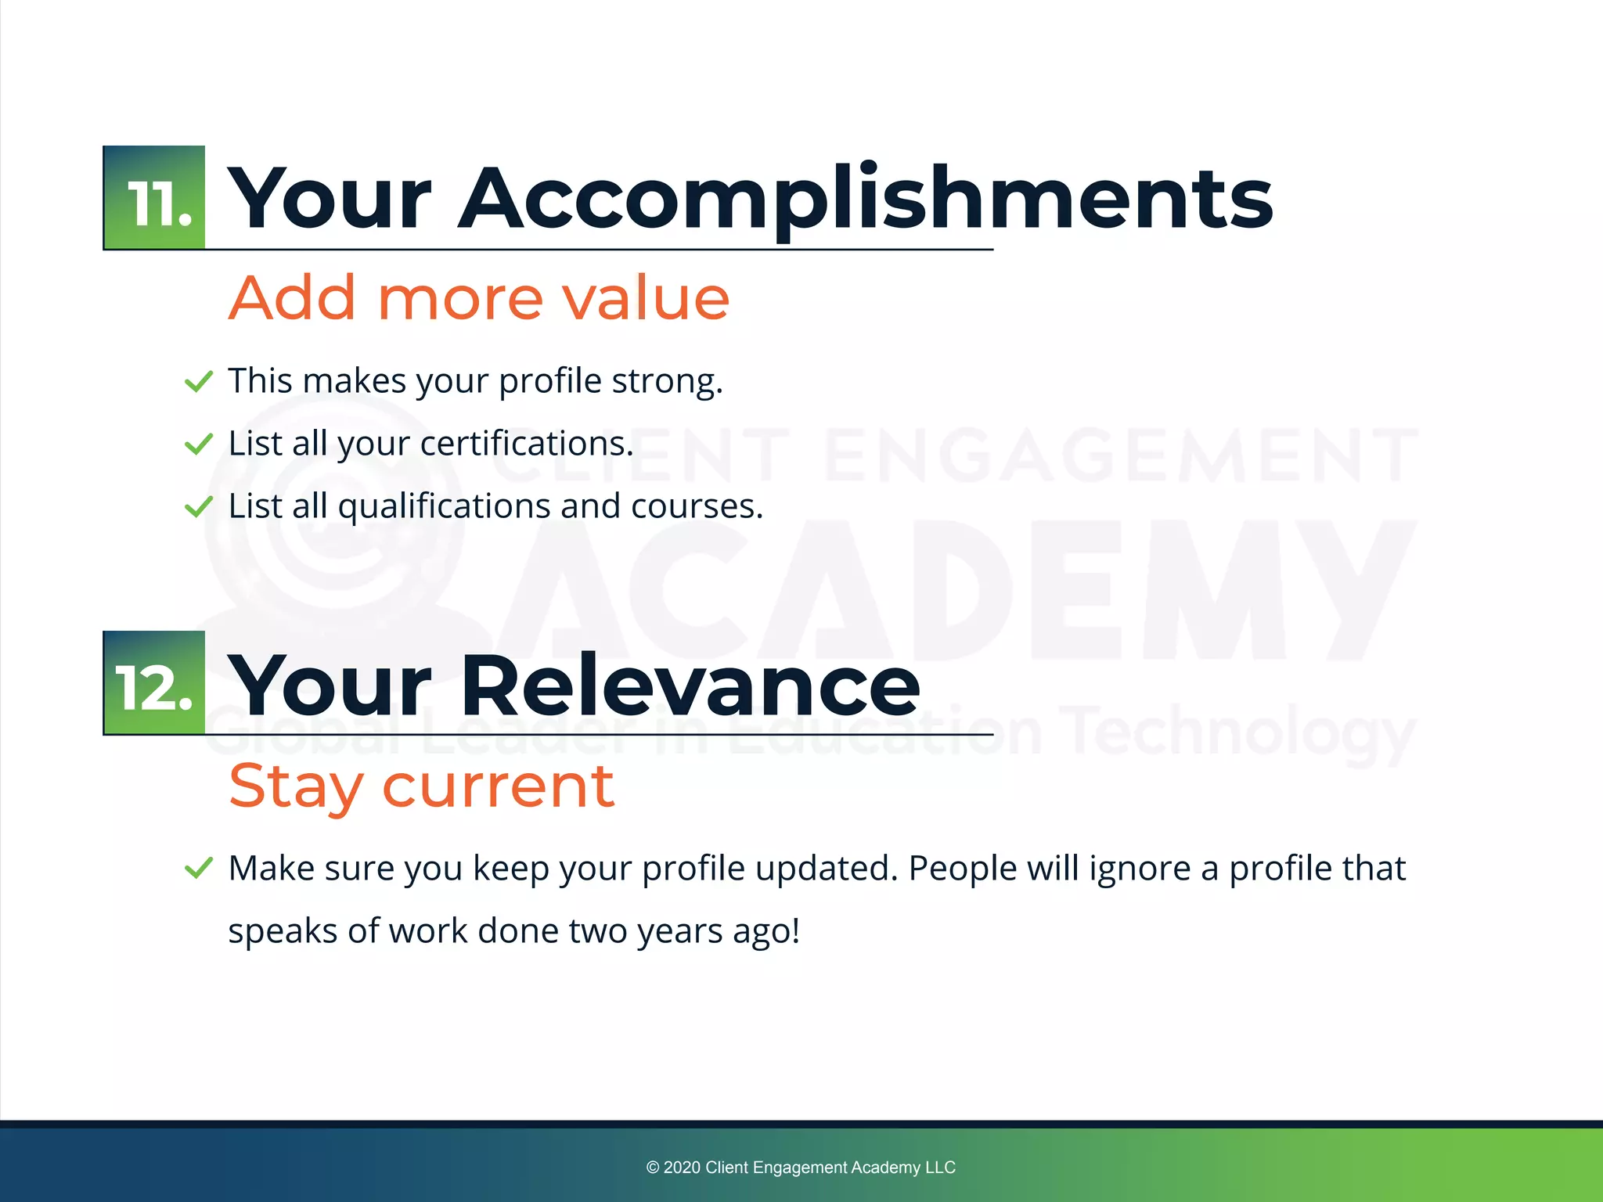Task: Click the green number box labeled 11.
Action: tap(154, 198)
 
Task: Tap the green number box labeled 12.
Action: tap(154, 683)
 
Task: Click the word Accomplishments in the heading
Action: tap(865, 200)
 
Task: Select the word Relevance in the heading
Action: tap(690, 686)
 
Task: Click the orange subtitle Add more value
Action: tap(479, 298)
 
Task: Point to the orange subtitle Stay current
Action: tap(421, 786)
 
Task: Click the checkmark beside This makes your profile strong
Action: tap(198, 382)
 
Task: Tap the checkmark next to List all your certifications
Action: tap(198, 444)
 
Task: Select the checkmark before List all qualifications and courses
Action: tap(198, 507)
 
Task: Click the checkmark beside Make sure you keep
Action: tap(198, 869)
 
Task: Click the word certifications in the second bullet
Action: tap(526, 444)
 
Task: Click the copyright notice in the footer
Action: tap(801, 1168)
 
